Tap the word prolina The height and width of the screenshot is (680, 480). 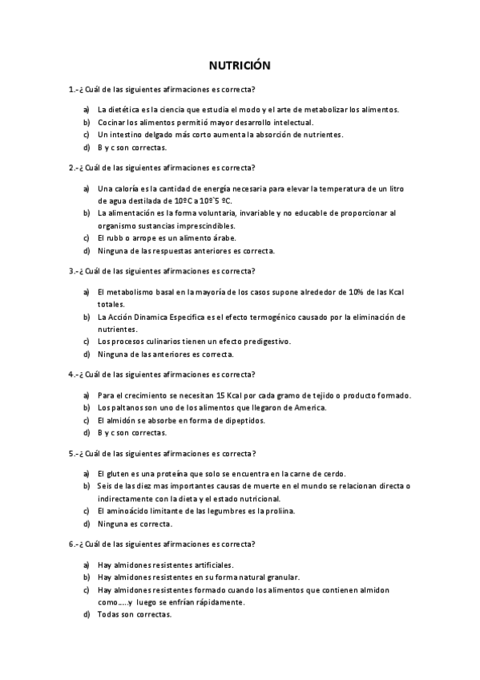click(280, 511)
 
